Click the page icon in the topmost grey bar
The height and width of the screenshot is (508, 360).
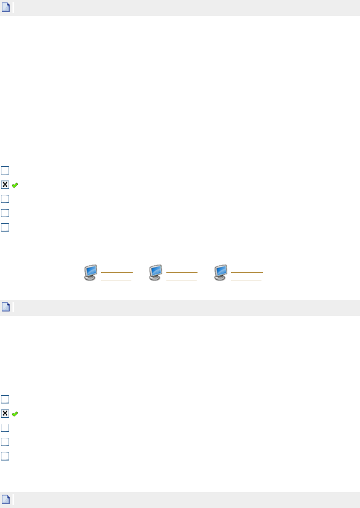point(6,8)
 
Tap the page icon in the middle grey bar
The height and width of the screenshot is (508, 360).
point(6,307)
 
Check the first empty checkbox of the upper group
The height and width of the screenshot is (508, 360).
point(5,170)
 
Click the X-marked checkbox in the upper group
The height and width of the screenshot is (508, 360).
point(5,184)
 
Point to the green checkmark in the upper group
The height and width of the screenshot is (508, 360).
point(15,185)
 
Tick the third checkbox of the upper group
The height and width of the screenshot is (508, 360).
point(5,199)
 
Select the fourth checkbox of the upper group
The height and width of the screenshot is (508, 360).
point(5,213)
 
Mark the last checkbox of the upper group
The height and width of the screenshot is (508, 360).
point(5,227)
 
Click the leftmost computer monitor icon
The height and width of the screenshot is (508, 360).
point(91,273)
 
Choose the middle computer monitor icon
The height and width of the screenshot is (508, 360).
point(156,273)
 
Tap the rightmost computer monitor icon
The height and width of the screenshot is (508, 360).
point(221,273)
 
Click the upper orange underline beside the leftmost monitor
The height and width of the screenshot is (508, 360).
point(117,273)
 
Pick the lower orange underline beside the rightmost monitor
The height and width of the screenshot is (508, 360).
point(247,279)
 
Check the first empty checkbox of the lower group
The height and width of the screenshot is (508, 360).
point(5,399)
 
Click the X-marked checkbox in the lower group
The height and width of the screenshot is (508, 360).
point(5,413)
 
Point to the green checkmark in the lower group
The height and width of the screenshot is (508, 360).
point(15,414)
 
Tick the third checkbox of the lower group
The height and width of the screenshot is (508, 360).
point(5,428)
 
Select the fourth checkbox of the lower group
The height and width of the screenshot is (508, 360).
point(5,442)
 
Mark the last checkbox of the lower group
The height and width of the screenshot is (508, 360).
point(5,456)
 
